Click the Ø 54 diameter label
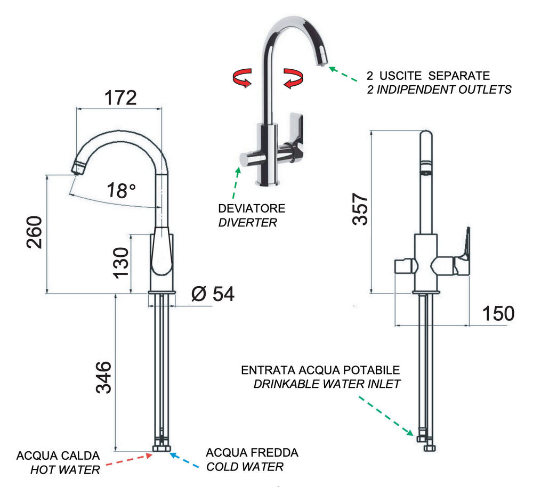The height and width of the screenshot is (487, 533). pyautogui.click(x=212, y=294)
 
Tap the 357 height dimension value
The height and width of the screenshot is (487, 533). pyautogui.click(x=360, y=209)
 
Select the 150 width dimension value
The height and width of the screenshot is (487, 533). pyautogui.click(x=499, y=314)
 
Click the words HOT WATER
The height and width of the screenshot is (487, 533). pyautogui.click(x=65, y=470)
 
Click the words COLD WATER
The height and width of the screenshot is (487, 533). pyautogui.click(x=245, y=467)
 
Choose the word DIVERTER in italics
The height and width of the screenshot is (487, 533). pyautogui.click(x=247, y=223)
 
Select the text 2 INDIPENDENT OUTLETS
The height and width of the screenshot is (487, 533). pyautogui.click(x=439, y=90)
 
